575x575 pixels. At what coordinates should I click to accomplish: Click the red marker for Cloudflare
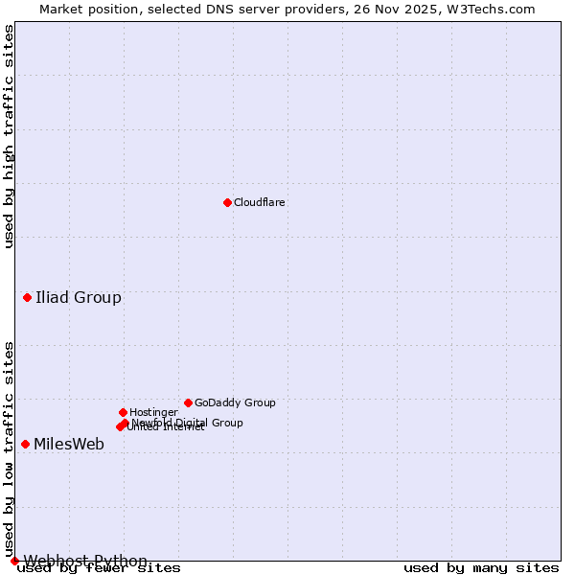[x=227, y=202]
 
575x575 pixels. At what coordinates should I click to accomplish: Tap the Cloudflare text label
[x=260, y=203]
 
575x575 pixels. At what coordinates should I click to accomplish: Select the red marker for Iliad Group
[x=28, y=297]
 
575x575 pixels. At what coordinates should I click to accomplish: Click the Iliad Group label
[x=79, y=297]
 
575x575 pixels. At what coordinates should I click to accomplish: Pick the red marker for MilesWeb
[x=25, y=444]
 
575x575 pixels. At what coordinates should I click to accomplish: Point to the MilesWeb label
[x=69, y=444]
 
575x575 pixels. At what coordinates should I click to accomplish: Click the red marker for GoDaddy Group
[x=188, y=402]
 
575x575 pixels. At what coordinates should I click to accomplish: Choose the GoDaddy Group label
[x=235, y=402]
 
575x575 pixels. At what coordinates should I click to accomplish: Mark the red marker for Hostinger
[x=123, y=412]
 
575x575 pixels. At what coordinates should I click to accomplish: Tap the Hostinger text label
[x=153, y=412]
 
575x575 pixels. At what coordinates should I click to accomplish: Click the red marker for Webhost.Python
[x=14, y=561]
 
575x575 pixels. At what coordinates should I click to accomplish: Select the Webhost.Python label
[x=85, y=561]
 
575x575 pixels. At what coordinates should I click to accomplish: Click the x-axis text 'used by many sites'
[x=481, y=567]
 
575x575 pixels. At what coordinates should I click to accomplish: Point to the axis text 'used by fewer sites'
[x=99, y=567]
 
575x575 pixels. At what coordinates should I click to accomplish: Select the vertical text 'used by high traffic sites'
[x=9, y=136]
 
